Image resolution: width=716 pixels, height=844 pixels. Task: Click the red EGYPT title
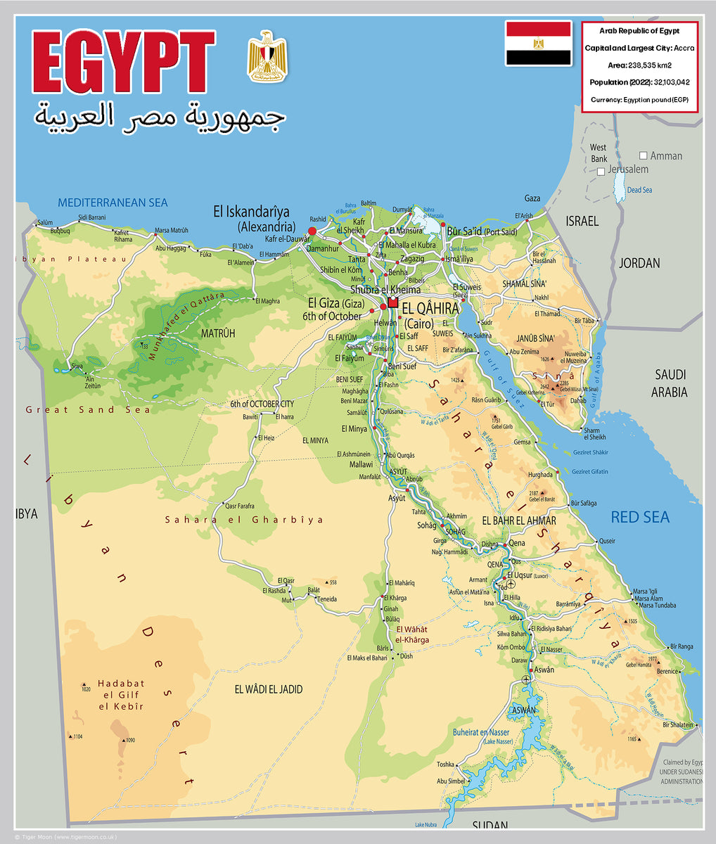[123, 63]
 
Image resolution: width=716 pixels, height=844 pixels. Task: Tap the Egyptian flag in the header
[538, 44]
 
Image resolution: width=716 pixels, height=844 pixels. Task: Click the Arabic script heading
[160, 117]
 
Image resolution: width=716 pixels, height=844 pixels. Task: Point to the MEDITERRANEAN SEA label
[113, 203]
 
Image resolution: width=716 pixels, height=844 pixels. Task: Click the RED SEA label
[639, 518]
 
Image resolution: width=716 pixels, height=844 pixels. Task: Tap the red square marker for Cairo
[392, 302]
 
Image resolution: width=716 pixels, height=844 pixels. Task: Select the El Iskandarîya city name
[251, 210]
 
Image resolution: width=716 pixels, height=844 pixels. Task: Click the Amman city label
[665, 155]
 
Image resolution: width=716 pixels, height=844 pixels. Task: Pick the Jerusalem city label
[627, 170]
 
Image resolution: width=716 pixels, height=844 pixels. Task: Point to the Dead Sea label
[639, 190]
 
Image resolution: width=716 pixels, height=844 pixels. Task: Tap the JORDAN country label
[639, 263]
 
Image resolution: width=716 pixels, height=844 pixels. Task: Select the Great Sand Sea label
[88, 409]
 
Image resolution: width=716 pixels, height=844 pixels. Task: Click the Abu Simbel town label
[450, 781]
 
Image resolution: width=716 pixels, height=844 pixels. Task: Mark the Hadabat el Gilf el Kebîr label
[121, 695]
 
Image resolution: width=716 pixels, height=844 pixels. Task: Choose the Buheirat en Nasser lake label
[481, 732]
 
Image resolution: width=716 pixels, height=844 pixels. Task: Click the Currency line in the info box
[639, 99]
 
